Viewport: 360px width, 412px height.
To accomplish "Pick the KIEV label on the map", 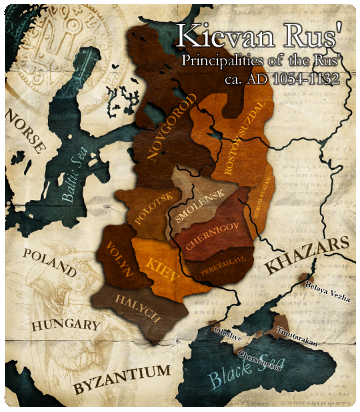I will pyautogui.click(x=161, y=266).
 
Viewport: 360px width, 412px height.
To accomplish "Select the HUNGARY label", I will pyautogui.click(x=66, y=326).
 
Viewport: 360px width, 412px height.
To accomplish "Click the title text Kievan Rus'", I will pyautogui.click(x=264, y=36).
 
